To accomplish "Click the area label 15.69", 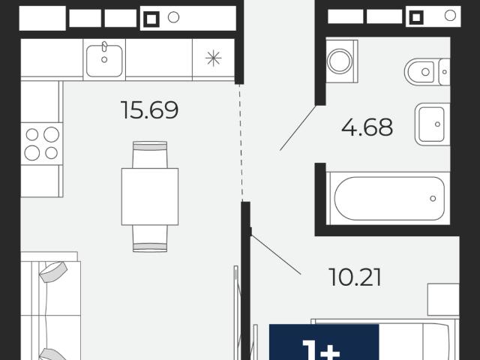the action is click(150, 110).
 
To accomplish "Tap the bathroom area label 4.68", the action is click(367, 127).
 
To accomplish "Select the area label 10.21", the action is click(355, 277).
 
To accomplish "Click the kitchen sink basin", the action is click(104, 61).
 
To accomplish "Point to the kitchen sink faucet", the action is click(104, 46).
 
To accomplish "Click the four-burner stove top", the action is click(42, 143).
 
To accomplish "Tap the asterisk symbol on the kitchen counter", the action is click(213, 58).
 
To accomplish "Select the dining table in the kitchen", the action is click(150, 196).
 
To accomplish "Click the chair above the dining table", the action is click(150, 154).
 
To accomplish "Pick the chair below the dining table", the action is click(150, 238).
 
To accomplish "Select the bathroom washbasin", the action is click(432, 124).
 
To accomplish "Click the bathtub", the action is click(388, 198).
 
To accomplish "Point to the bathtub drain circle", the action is click(433, 198).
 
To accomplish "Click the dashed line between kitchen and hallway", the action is click(241, 142).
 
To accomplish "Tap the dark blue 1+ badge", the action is click(324, 342).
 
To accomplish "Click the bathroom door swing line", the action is click(298, 128).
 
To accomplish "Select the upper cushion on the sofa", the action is click(53, 271).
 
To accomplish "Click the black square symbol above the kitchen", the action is click(151, 19).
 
